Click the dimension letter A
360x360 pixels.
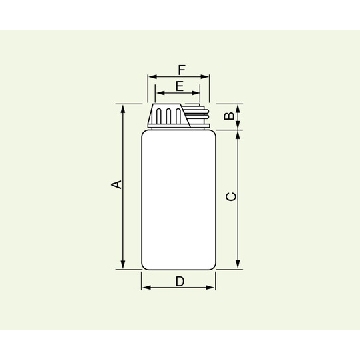(x=117, y=184)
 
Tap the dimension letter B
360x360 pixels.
(x=228, y=116)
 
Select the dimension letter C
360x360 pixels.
(x=231, y=197)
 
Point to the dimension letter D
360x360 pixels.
(x=180, y=282)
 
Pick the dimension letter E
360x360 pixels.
(x=180, y=87)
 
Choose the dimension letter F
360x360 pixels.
(x=181, y=70)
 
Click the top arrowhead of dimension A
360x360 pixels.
(x=123, y=109)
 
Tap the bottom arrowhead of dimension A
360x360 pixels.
(x=123, y=264)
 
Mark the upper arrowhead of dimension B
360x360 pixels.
(x=238, y=108)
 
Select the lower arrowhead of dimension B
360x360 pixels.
(x=238, y=125)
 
